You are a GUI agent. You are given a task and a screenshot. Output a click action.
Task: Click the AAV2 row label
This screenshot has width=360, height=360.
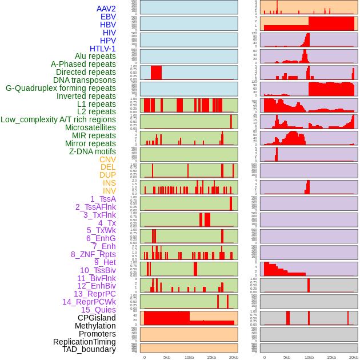click(106, 9)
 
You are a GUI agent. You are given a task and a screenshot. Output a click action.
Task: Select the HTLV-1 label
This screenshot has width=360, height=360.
click(102, 49)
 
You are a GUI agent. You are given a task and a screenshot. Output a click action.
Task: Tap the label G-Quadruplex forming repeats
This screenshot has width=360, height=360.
click(61, 88)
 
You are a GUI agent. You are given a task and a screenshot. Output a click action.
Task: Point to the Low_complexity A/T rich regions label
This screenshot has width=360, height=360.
click(58, 119)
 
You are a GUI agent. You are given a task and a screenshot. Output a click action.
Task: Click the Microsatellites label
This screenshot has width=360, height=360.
click(90, 127)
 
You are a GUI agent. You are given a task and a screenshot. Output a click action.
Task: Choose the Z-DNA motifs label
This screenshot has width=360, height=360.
click(92, 151)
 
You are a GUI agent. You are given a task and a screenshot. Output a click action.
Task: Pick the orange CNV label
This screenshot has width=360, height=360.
click(107, 159)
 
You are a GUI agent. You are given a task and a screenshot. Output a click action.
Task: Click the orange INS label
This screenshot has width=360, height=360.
click(109, 183)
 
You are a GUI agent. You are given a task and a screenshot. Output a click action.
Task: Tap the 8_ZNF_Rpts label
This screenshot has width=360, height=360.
click(93, 254)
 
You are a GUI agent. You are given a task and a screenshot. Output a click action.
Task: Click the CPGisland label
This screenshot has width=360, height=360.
click(97, 318)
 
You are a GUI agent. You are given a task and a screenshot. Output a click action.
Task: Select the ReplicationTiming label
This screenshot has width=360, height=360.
click(85, 342)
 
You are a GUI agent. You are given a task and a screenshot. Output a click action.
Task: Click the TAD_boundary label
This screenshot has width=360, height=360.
click(89, 349)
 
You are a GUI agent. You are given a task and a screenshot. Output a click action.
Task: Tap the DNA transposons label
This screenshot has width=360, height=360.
click(85, 80)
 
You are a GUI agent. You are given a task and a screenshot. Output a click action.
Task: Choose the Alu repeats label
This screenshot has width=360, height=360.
click(95, 56)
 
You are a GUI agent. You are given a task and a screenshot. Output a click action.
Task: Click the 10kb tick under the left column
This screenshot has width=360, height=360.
click(189, 357)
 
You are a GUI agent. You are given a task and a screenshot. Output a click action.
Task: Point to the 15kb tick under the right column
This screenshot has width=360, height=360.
click(331, 357)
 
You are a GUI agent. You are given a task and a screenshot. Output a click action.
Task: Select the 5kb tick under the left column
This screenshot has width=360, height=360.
click(167, 357)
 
